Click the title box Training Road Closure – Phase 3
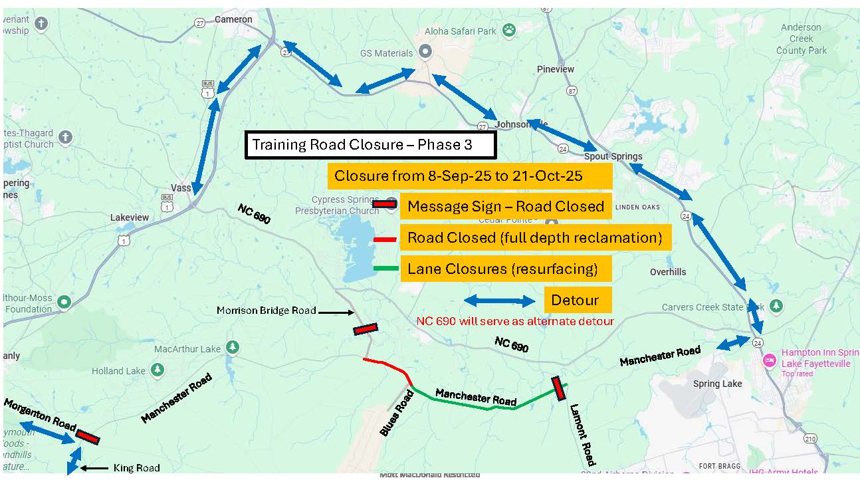(370, 145)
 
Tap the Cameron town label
(233, 19)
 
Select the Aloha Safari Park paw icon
(508, 29)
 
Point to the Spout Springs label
(613, 157)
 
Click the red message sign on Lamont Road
(559, 389)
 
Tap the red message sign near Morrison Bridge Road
(365, 329)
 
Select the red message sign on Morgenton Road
(88, 436)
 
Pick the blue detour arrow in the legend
(499, 301)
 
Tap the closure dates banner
(469, 176)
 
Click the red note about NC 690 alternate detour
(514, 321)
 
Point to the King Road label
(136, 468)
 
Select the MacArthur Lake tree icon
(232, 347)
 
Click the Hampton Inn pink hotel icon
(770, 360)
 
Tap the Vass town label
(181, 188)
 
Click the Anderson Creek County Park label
(801, 39)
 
